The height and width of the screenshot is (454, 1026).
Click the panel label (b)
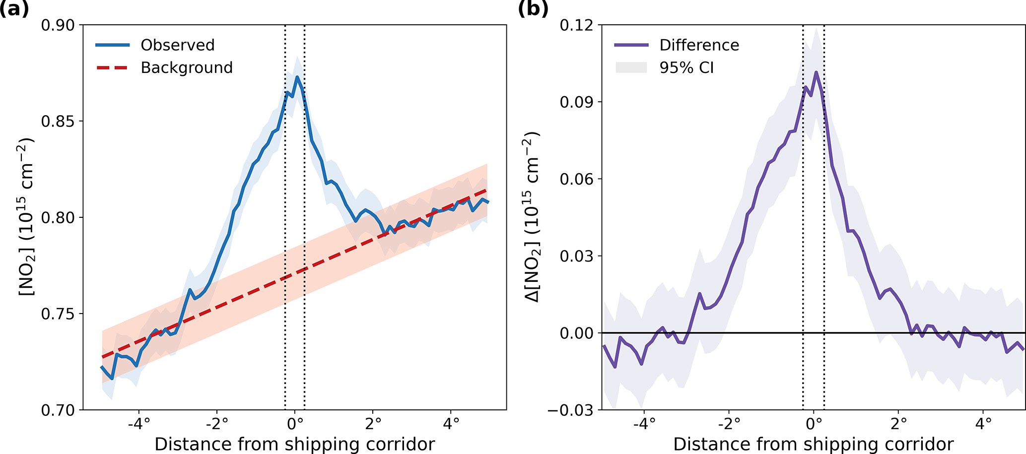tap(533, 9)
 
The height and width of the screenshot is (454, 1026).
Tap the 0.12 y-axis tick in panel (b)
tap(576, 25)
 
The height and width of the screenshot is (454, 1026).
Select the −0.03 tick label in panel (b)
tap(570, 410)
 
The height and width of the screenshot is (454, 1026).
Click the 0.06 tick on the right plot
tap(576, 179)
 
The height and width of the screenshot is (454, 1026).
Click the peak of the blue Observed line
tap(297, 77)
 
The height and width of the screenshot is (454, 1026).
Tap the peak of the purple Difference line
tap(816, 72)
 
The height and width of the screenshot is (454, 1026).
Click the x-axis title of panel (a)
tap(294, 444)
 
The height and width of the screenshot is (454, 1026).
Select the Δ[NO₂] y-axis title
tap(533, 217)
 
